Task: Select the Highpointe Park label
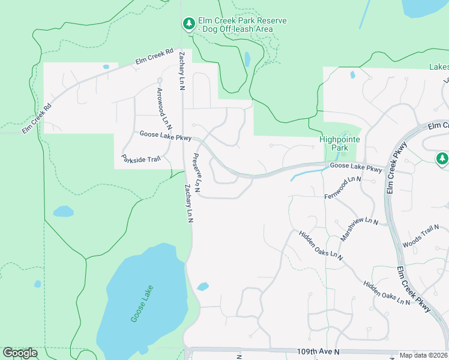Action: click(339, 143)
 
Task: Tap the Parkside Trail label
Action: click(141, 160)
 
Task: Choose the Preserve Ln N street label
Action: click(197, 173)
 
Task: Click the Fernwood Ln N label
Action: click(343, 188)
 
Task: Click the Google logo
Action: click(20, 353)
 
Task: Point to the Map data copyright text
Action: click(423, 355)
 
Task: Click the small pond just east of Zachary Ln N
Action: click(203, 287)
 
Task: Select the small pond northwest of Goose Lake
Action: click(63, 211)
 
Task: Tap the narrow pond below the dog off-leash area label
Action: click(247, 59)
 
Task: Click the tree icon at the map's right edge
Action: click(442, 158)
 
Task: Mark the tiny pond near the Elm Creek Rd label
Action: click(106, 67)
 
